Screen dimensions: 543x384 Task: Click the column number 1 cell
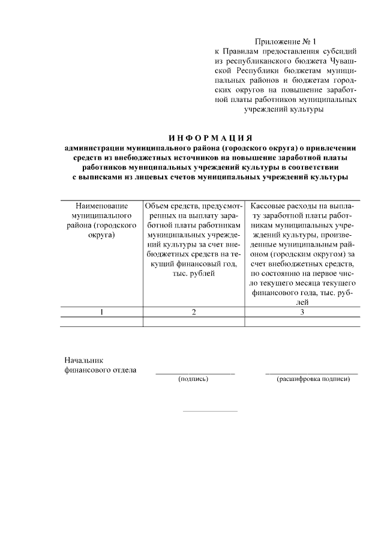pos(101,311)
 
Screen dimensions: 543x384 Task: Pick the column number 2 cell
pos(193,311)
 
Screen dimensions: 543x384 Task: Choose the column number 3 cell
pos(302,311)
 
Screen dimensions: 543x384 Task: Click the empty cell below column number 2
pos(193,322)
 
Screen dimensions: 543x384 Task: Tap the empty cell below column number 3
pos(302,322)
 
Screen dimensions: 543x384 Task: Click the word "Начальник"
pos(84,360)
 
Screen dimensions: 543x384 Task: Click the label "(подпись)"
pos(193,380)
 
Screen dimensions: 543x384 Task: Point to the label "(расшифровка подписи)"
pos(313,380)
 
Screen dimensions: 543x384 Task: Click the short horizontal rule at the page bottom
pos(209,411)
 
